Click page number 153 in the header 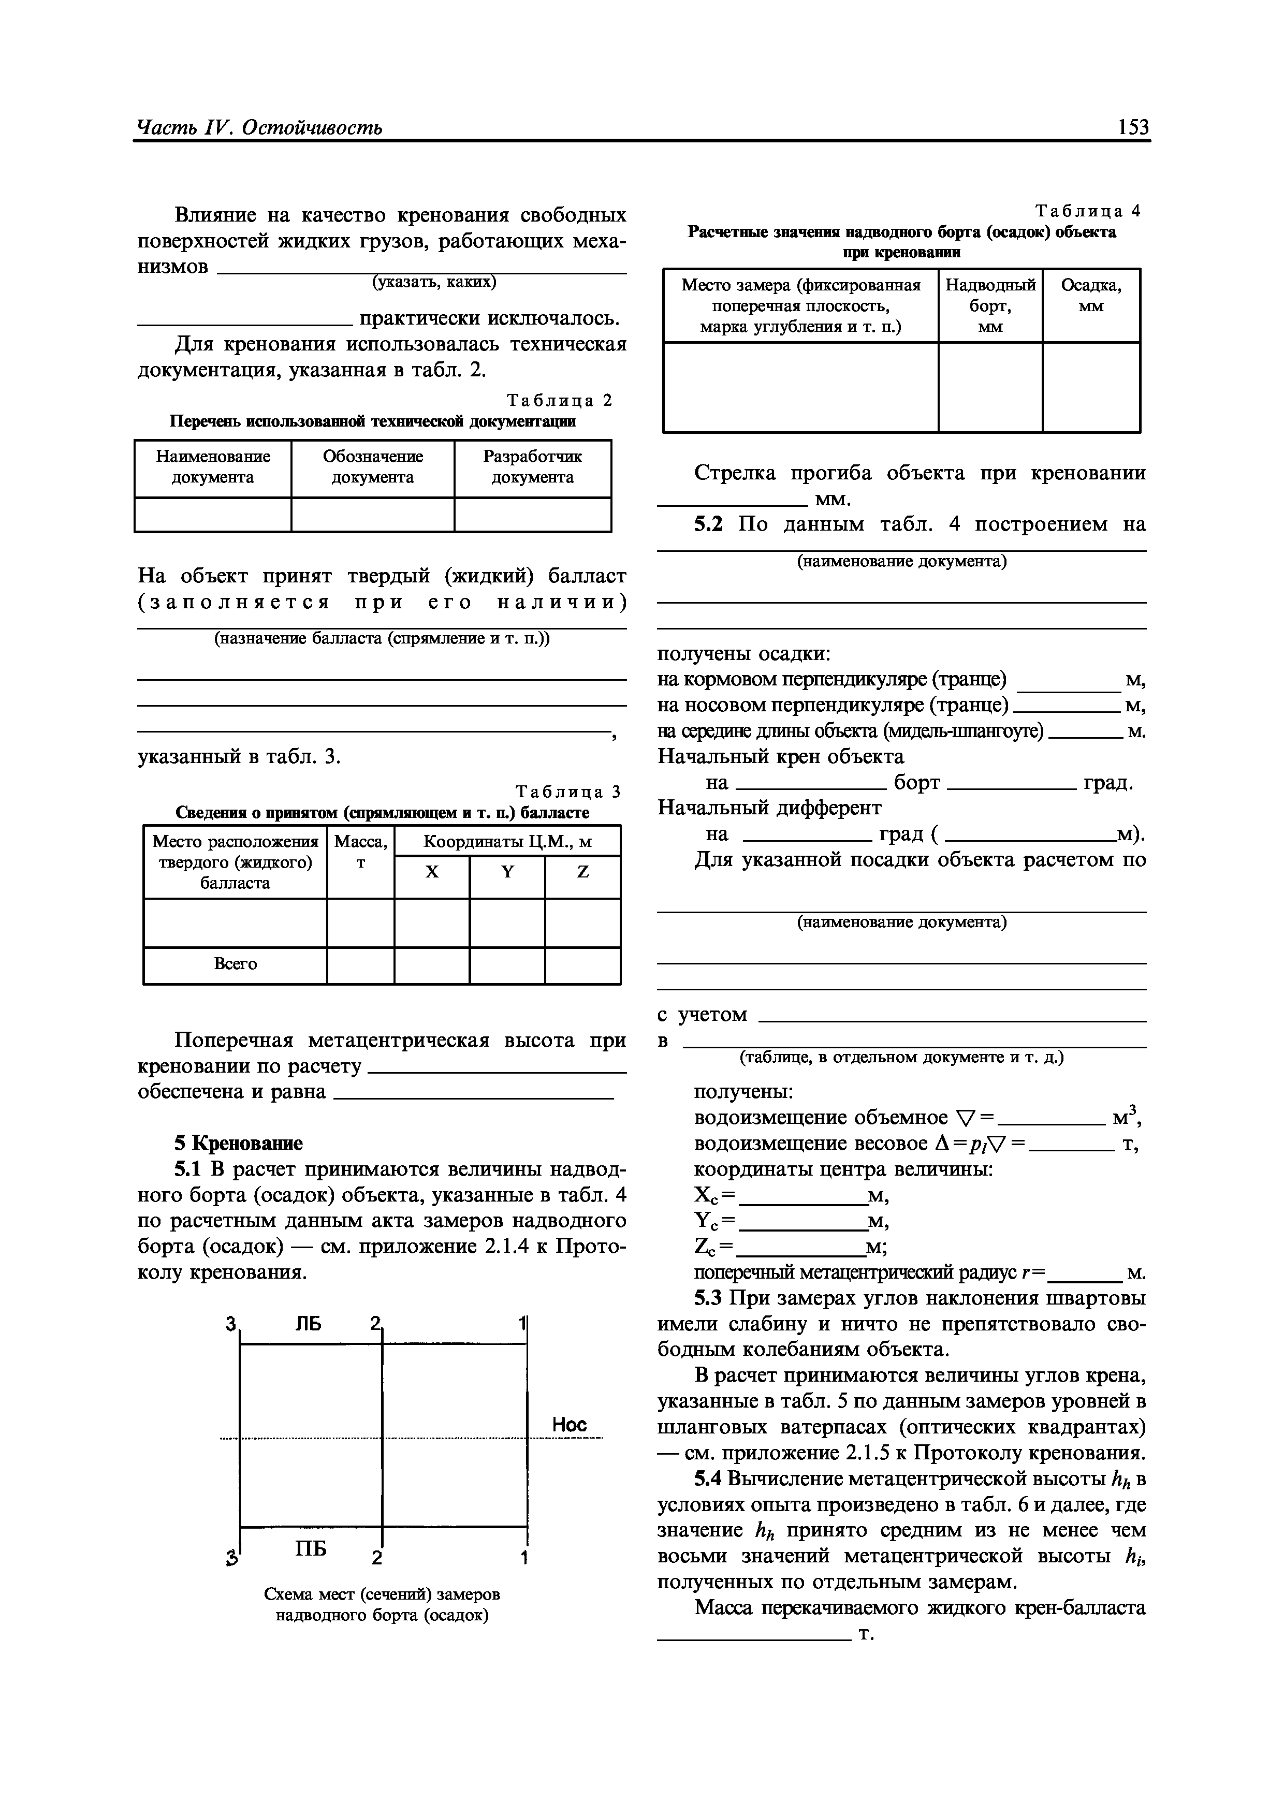pos(1133,127)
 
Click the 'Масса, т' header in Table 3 pos(361,852)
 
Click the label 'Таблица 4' pos(1088,211)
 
